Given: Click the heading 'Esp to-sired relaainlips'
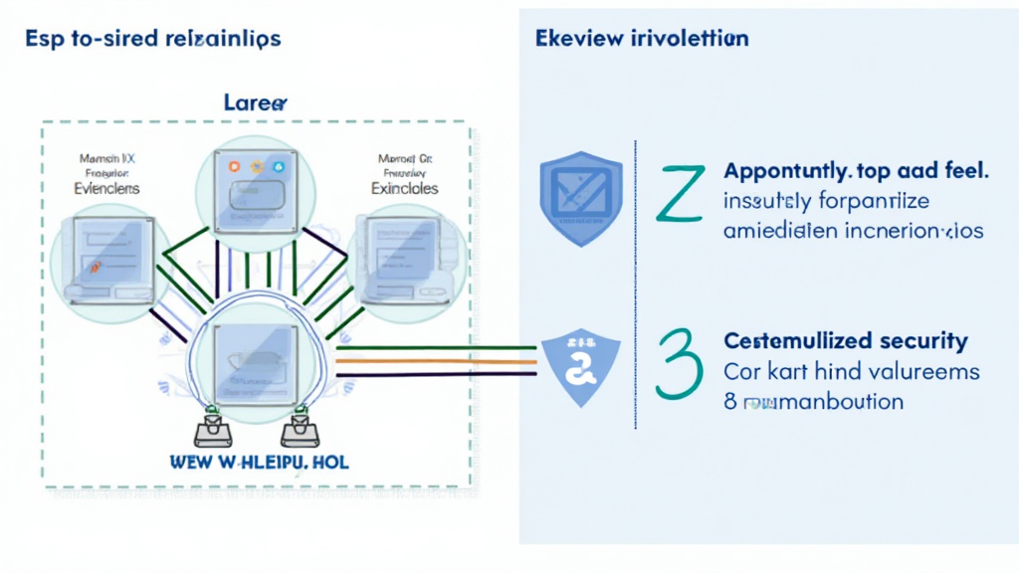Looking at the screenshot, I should tap(151, 39).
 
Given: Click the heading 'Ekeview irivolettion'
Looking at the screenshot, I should tap(642, 39).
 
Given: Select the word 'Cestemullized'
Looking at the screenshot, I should tap(792, 341).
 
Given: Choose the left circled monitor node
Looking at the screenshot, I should tap(103, 262).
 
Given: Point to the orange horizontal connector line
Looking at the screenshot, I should tap(438, 361).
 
